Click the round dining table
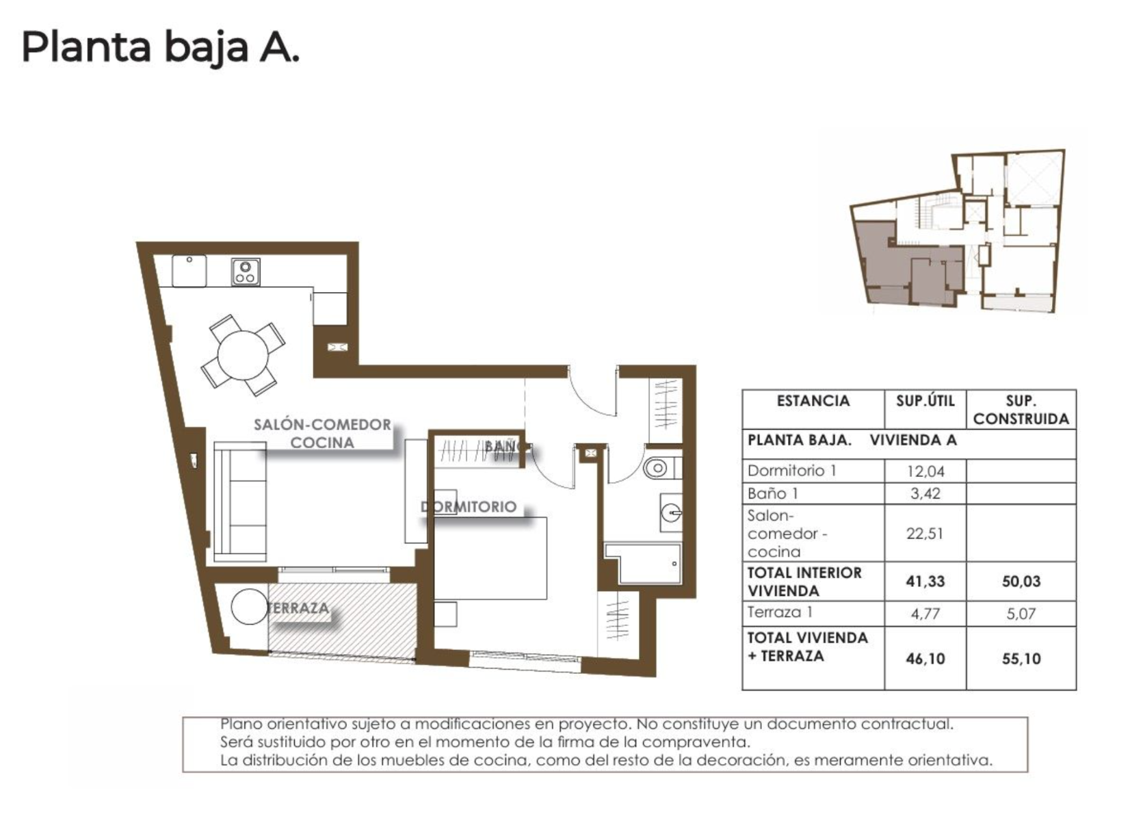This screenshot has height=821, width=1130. [243, 355]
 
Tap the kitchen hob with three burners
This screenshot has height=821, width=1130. [246, 272]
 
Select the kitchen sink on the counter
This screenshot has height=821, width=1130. [189, 271]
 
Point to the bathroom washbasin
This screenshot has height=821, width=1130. [671, 512]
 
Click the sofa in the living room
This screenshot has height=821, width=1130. [240, 501]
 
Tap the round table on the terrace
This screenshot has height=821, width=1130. [249, 606]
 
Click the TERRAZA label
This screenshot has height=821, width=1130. [299, 608]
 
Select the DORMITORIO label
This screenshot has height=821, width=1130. [469, 507]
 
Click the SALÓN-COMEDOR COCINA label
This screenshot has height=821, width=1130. [322, 434]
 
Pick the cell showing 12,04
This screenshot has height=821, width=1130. [925, 471]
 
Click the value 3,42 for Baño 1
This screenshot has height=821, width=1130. [925, 493]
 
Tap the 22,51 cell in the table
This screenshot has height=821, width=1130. [925, 534]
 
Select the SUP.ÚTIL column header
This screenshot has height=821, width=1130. [925, 401]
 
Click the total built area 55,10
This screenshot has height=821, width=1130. [1021, 659]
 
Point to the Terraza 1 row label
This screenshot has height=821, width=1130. [780, 612]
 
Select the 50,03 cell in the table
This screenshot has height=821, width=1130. [1021, 582]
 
